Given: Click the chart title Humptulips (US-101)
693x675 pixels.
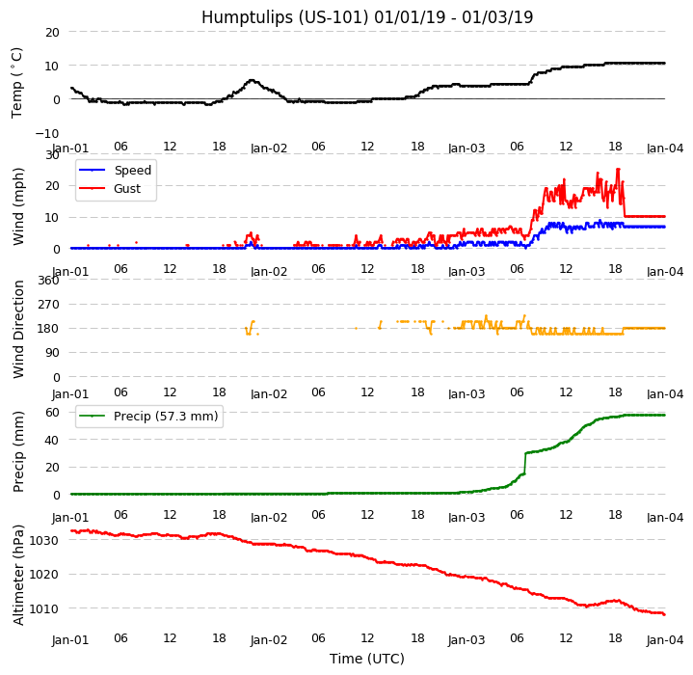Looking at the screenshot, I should tap(366, 17).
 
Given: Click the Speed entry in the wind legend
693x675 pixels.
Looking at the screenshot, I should tap(132, 171).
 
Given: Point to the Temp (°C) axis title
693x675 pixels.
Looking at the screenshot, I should tap(17, 82).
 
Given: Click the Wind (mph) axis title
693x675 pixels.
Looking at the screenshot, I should tap(18, 205).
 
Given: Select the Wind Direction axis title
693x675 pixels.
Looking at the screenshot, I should tap(18, 329).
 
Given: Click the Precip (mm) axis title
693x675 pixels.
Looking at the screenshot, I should tap(18, 451).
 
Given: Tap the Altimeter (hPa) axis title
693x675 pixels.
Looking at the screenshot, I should tap(18, 575).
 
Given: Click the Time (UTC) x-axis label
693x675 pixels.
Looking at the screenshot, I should tap(366, 659).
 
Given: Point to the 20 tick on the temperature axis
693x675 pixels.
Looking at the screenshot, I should tap(52, 32).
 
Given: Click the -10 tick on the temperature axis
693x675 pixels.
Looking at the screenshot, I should tap(48, 133).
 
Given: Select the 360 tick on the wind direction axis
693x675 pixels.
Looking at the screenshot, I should tap(47, 281).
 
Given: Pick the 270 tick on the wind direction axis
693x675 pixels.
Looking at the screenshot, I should tap(47, 305).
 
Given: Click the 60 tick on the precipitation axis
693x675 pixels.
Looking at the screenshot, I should tap(52, 413).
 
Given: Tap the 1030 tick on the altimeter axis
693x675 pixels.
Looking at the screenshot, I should tap(44, 540).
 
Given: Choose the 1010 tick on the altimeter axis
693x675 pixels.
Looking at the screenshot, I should tap(44, 608).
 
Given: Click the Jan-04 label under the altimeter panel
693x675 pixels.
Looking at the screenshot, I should tap(664, 639).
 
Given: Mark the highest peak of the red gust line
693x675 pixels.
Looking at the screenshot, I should tap(618, 169).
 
